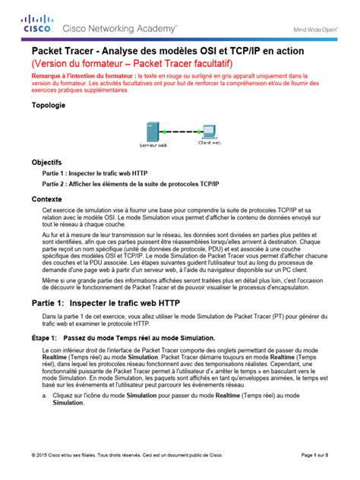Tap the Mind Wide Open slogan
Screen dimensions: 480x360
tap(314, 31)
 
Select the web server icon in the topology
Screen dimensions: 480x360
tap(153, 128)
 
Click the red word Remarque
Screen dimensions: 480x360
tap(49, 77)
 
